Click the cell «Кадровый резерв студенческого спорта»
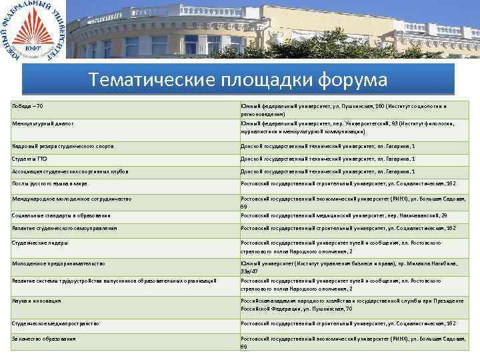[63, 146]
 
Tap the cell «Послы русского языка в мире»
[49, 183]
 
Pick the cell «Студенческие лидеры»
[39, 243]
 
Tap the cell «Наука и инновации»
[37, 301]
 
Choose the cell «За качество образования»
[43, 339]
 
